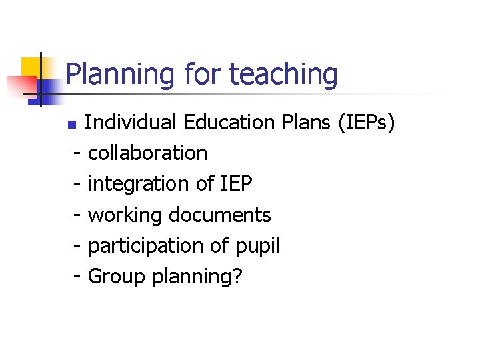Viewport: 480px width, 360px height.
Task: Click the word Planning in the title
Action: coord(113,75)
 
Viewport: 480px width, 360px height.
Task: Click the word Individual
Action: coord(131,123)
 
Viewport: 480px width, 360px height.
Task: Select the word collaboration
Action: coord(147,153)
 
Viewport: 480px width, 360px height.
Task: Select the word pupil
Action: coord(257,246)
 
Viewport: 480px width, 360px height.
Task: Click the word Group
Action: coord(117,276)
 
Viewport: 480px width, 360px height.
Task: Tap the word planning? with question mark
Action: coord(197,276)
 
